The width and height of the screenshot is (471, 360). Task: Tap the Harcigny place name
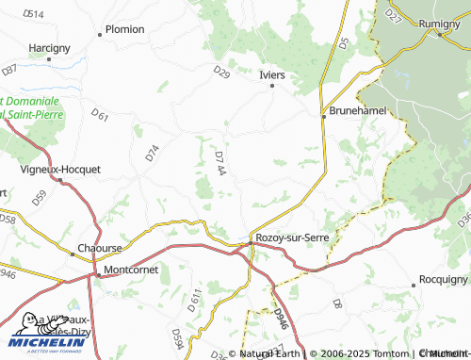pyautogui.click(x=50, y=47)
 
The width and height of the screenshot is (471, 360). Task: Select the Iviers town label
pyautogui.click(x=271, y=74)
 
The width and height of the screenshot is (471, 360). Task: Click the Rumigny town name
pyautogui.click(x=447, y=23)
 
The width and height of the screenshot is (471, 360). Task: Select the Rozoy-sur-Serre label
pyautogui.click(x=293, y=237)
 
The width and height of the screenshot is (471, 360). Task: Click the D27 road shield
pyautogui.click(x=394, y=15)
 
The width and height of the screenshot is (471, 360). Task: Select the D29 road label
pyautogui.click(x=221, y=72)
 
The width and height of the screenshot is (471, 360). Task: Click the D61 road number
pyautogui.click(x=101, y=117)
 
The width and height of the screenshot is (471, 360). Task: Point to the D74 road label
pyautogui.click(x=153, y=153)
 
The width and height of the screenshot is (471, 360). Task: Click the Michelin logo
pyautogui.click(x=44, y=329)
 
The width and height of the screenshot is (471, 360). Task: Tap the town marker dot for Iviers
pyautogui.click(x=273, y=86)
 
